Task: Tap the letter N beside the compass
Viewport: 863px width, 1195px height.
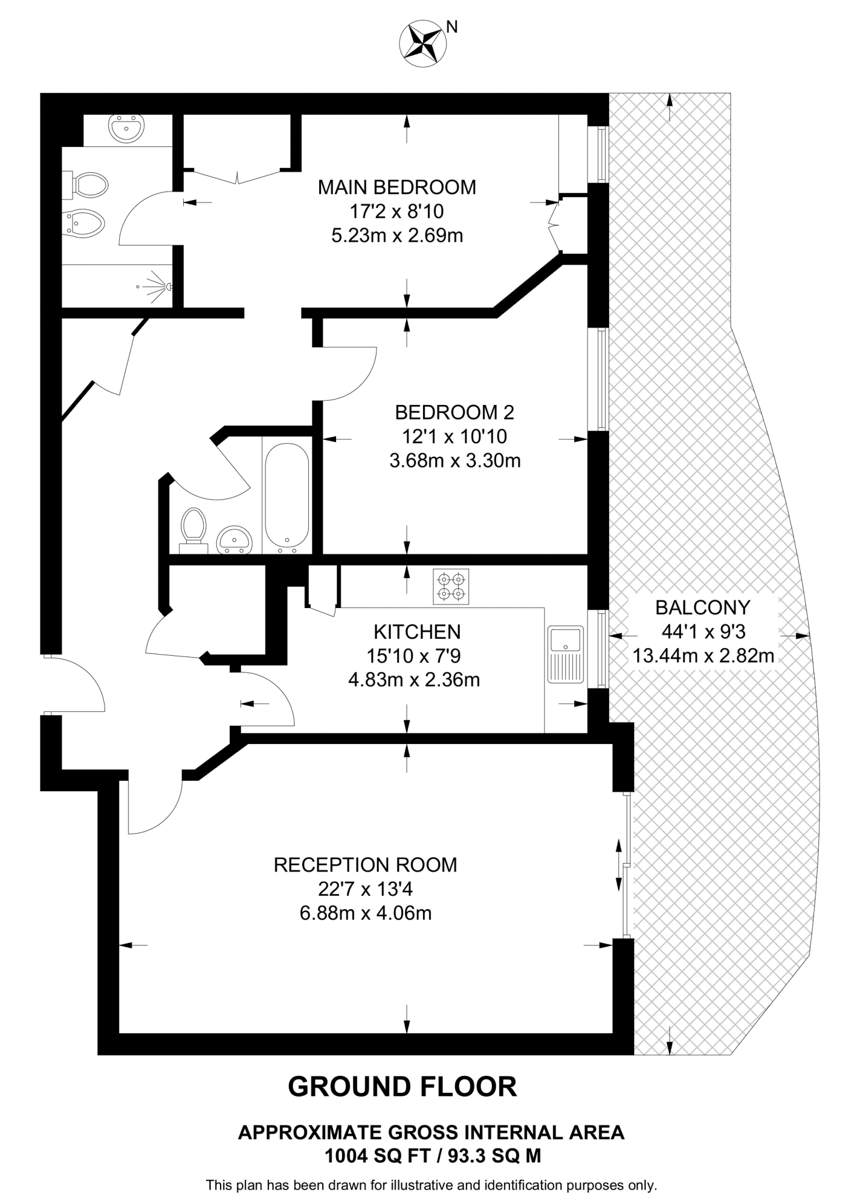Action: pos(452,26)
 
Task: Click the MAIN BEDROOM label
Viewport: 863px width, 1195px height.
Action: pos(397,187)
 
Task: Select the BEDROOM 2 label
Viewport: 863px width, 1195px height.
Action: pos(455,413)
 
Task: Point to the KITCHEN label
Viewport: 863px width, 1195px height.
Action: pos(417,632)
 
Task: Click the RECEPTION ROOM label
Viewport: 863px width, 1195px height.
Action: pos(365,865)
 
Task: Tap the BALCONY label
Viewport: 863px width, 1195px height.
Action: pos(703,607)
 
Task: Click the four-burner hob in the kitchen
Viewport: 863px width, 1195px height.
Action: pos(451,587)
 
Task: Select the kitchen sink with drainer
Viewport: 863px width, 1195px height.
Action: pos(566,654)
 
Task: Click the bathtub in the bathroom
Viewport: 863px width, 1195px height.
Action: pos(286,498)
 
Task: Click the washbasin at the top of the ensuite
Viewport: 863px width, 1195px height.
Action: pos(126,128)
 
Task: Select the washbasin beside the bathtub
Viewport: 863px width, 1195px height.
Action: pos(234,540)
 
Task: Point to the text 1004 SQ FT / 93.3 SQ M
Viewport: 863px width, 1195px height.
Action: pos(432,1156)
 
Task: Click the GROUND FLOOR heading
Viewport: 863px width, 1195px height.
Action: pos(403,1086)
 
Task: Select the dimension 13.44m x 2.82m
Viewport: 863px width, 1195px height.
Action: pos(703,656)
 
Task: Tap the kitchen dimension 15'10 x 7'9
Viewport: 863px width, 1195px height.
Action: pos(414,656)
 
